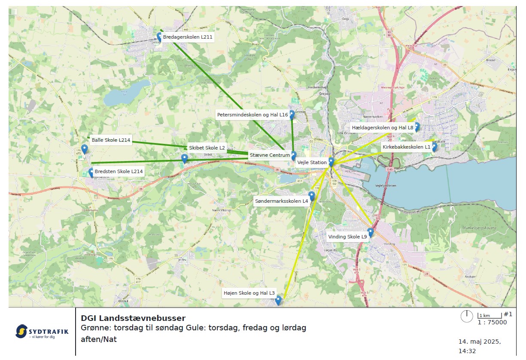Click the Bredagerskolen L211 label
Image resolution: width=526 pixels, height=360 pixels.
pos(188,37)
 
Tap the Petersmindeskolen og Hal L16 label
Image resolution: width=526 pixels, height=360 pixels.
pos(252,115)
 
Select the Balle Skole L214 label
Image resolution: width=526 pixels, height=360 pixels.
pos(111,140)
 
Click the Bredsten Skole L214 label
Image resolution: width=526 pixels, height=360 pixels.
pos(119,171)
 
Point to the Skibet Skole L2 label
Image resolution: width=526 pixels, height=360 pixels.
pos(207,148)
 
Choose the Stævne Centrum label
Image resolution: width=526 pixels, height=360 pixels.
pos(270,155)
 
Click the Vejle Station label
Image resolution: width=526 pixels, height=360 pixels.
pos(312,162)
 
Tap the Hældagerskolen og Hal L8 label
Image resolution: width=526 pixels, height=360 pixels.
pos(382,128)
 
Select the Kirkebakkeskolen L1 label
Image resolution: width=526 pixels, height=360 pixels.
pos(406,147)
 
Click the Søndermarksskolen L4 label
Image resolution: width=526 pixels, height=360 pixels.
pos(282,201)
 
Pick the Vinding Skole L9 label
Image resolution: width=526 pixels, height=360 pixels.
pos(347,237)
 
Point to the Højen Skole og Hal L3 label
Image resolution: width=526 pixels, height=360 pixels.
pos(249,293)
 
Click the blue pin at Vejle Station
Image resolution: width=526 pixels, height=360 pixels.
pos(331,162)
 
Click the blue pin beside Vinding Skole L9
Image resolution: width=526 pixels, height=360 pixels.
pos(371,232)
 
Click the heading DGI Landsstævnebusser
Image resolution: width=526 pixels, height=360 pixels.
pos(133,318)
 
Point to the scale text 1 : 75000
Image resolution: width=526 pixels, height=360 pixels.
pos(492,323)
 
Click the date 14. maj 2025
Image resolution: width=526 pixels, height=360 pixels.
pos(480,342)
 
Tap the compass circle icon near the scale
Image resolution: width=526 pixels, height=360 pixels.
pos(467,317)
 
